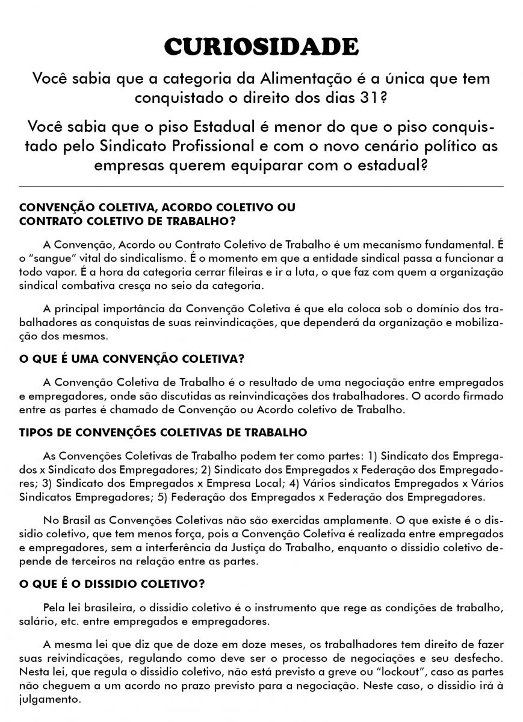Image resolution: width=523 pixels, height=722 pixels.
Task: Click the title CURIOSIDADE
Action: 261,46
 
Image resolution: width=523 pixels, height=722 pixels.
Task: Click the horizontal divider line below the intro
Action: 261,187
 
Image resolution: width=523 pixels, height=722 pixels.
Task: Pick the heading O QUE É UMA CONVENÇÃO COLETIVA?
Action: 132,359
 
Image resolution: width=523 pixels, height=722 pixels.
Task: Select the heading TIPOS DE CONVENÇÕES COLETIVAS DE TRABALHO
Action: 163,433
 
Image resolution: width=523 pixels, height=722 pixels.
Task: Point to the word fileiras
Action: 260,271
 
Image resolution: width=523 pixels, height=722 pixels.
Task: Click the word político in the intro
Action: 424,146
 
